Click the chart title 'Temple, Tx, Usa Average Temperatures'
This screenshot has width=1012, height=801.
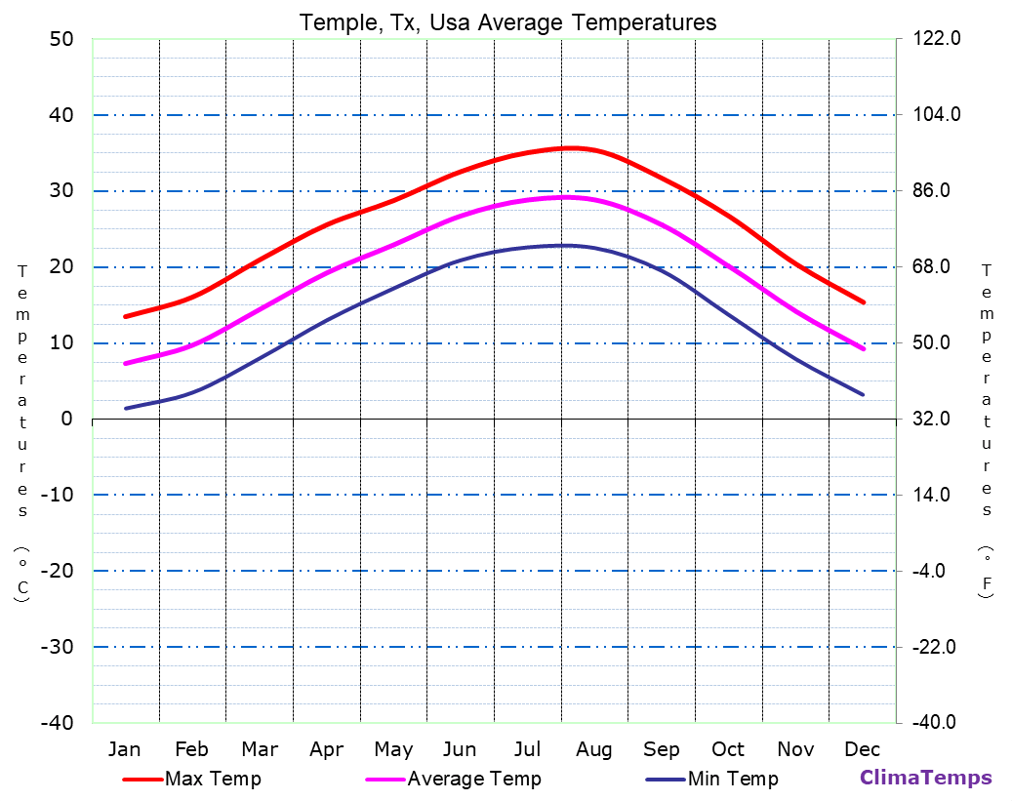[507, 22]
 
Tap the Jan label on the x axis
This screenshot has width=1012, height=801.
[124, 749]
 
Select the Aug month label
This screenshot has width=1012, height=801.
[593, 749]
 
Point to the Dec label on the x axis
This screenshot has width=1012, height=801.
[863, 749]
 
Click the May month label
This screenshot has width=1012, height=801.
[393, 749]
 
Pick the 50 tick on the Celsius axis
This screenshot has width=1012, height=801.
[61, 39]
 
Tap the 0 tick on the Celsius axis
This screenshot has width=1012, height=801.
[66, 419]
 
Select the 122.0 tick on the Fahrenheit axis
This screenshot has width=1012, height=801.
[938, 39]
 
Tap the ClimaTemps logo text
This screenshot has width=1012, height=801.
[925, 778]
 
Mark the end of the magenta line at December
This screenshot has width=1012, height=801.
[864, 349]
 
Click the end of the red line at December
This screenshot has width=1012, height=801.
[864, 302]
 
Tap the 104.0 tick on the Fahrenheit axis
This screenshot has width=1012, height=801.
[938, 115]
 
